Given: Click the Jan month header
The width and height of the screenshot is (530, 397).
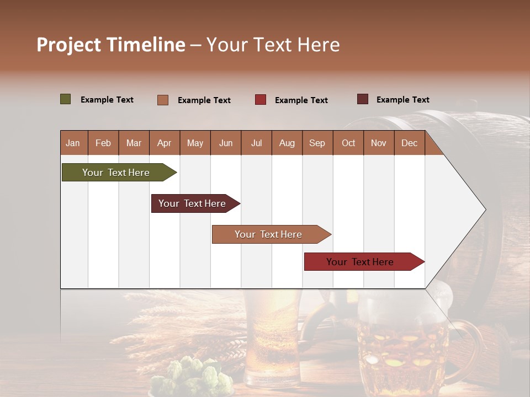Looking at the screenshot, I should pos(73,143).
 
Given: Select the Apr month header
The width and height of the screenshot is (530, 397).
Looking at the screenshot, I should pos(164,143).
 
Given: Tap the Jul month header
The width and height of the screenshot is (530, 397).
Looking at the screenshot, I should pos(256,143).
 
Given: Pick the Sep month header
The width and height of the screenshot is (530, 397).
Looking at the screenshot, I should pos(317,143).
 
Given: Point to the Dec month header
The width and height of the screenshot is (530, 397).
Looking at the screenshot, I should pos(409,143).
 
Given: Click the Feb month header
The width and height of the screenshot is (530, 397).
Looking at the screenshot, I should pos(103,143).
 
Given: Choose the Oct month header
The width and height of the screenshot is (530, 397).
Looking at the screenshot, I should pos(348,143).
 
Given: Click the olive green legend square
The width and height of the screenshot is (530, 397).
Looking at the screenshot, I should pos(66,99).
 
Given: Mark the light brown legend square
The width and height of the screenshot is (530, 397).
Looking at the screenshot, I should pos(163,100).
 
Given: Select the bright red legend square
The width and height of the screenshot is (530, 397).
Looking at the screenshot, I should pos(261,100).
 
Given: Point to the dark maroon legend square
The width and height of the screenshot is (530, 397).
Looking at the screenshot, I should pos(363,99).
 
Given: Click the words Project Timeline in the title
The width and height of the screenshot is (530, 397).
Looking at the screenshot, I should pos(110,45).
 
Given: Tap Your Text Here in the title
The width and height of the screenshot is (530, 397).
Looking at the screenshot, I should pos(273,45).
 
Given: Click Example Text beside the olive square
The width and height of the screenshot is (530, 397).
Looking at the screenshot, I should pos(107,100).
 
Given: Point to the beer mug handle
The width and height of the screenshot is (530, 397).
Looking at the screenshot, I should pos(469,342).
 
